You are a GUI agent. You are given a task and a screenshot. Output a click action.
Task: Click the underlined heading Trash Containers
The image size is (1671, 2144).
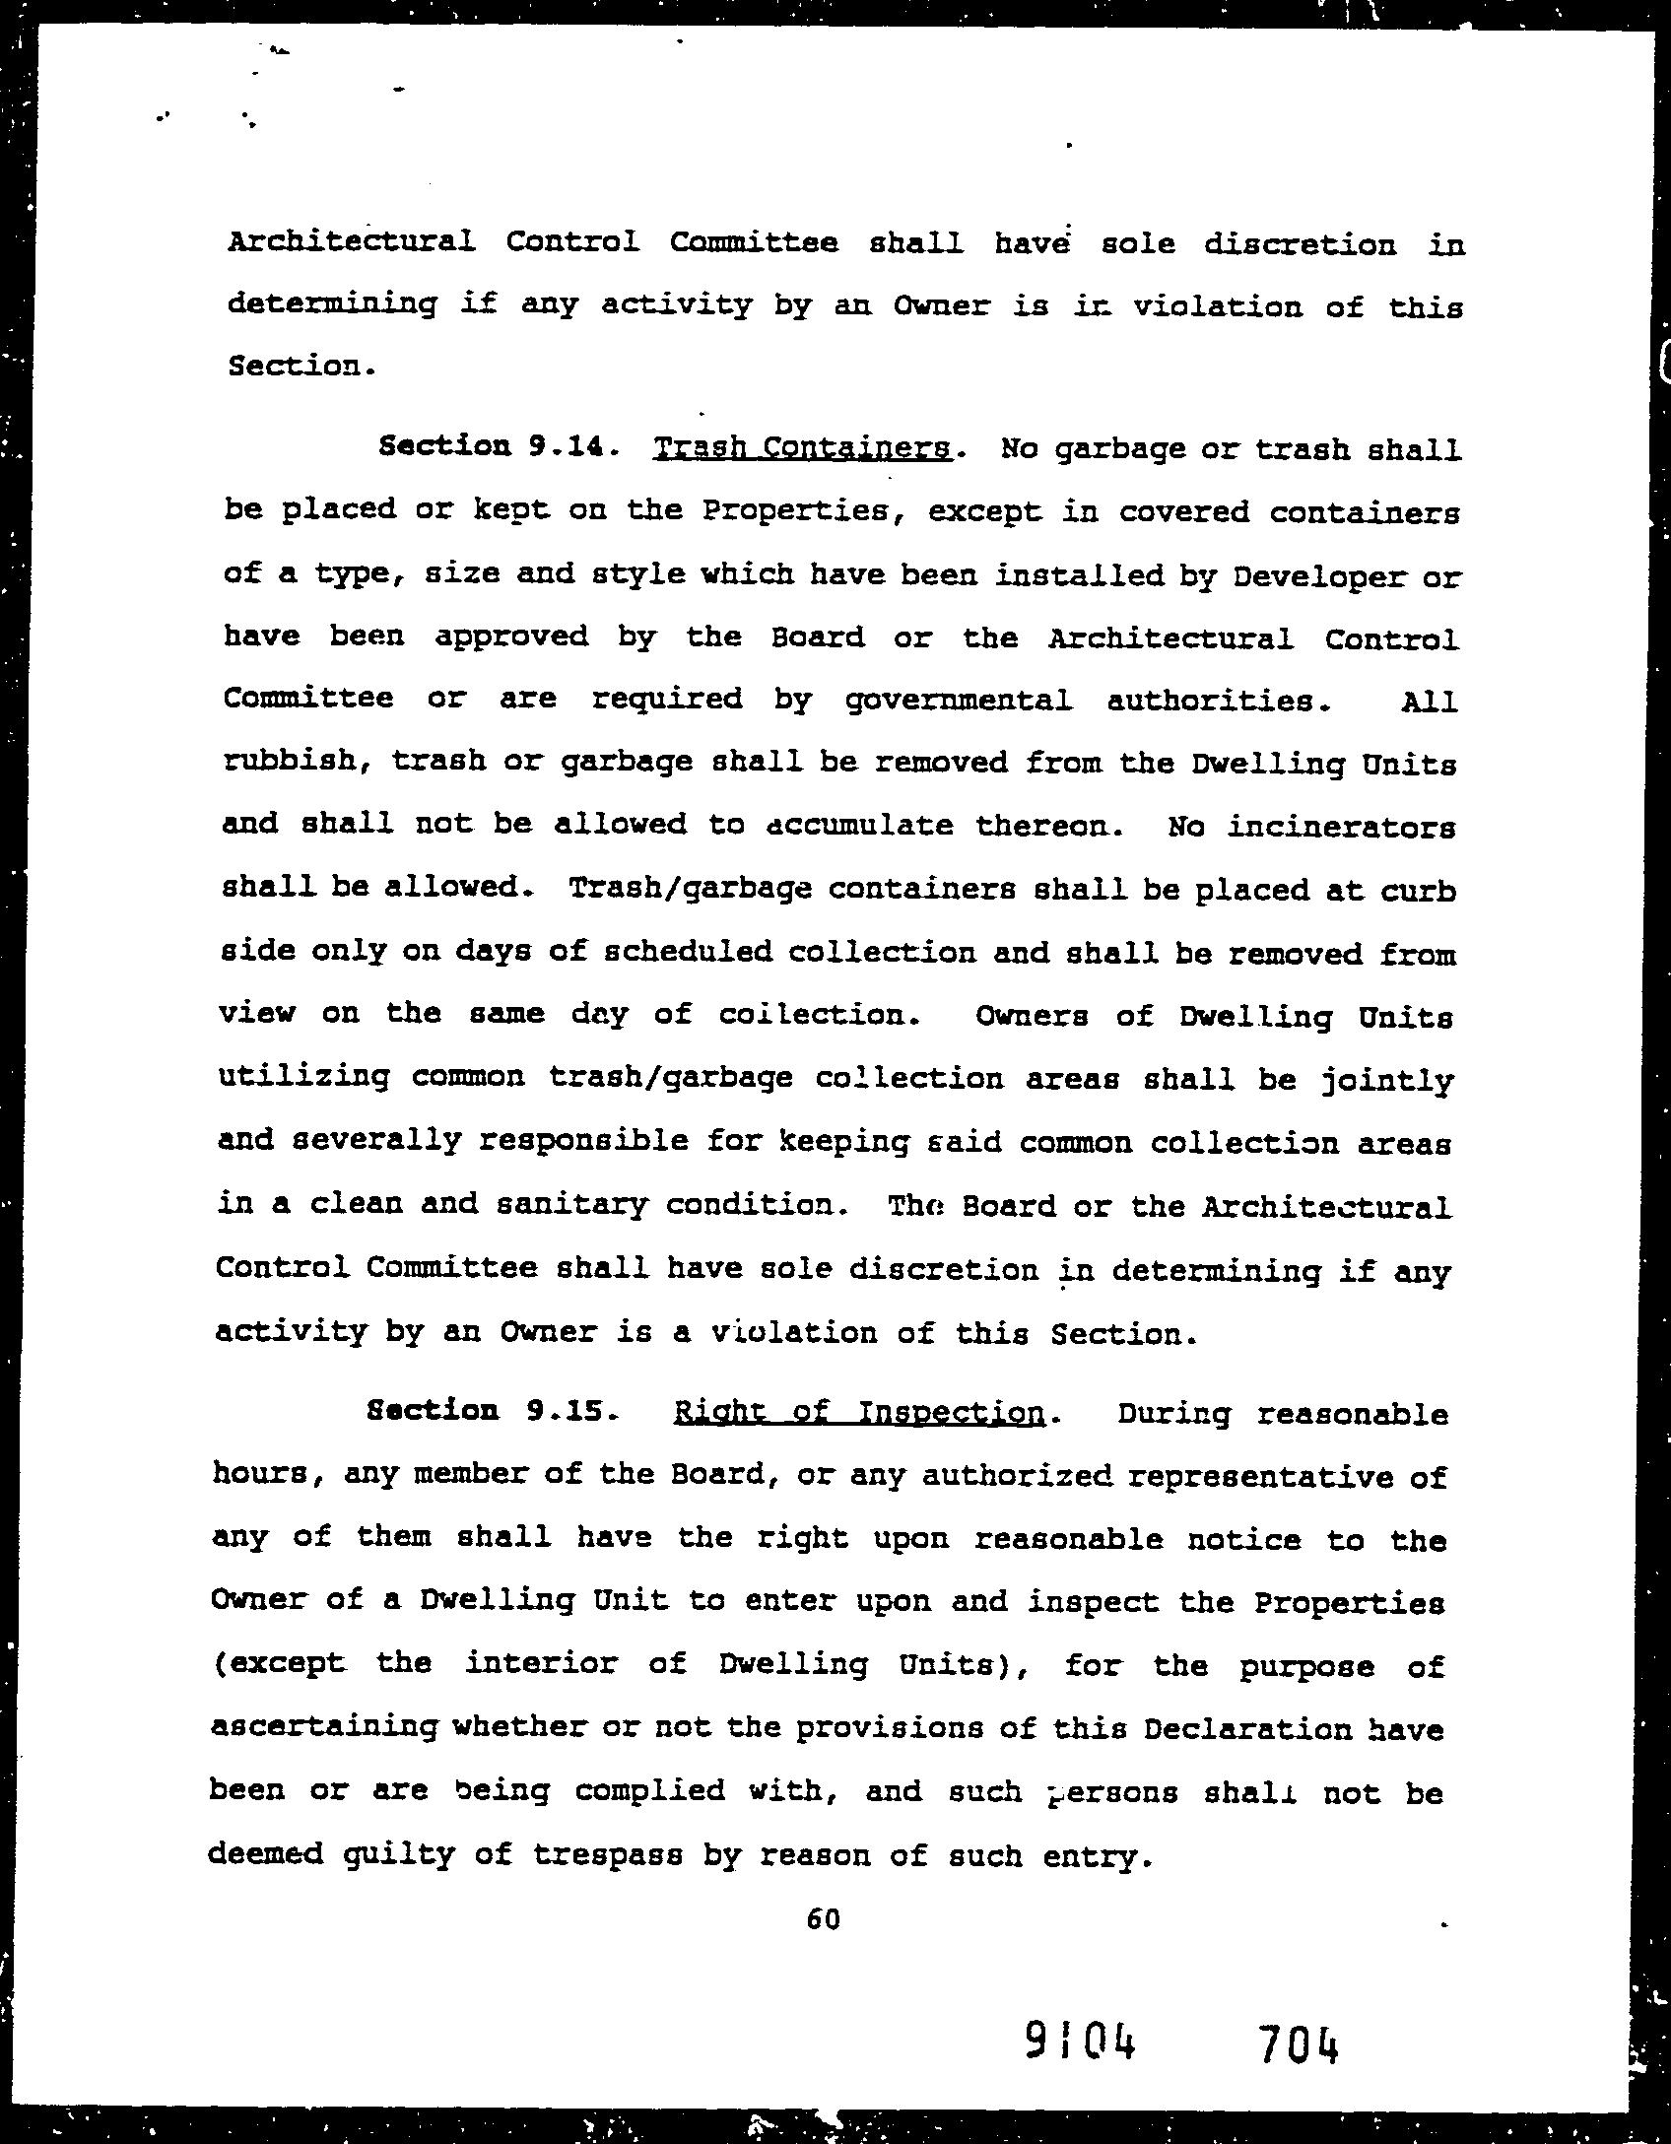click(x=802, y=449)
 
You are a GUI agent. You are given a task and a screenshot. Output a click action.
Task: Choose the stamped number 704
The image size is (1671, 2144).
click(x=1298, y=2043)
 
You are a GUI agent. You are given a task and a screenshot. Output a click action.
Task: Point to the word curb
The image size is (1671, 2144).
click(x=1418, y=890)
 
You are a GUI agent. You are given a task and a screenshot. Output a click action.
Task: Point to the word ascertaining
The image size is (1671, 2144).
click(x=324, y=1727)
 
